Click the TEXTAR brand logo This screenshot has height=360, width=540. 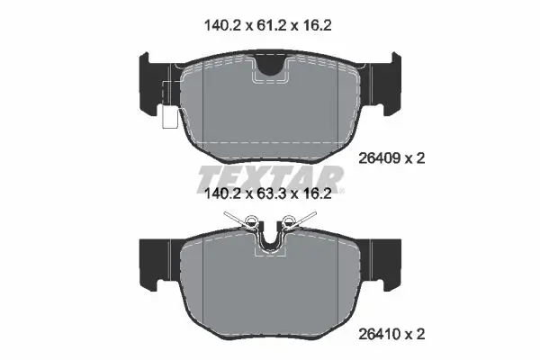tap(269, 175)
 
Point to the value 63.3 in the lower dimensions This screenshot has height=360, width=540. tap(269, 192)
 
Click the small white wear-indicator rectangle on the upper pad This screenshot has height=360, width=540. tap(167, 119)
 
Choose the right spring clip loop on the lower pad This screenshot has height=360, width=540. tap(289, 222)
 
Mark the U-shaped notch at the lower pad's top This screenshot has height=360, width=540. tap(271, 240)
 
